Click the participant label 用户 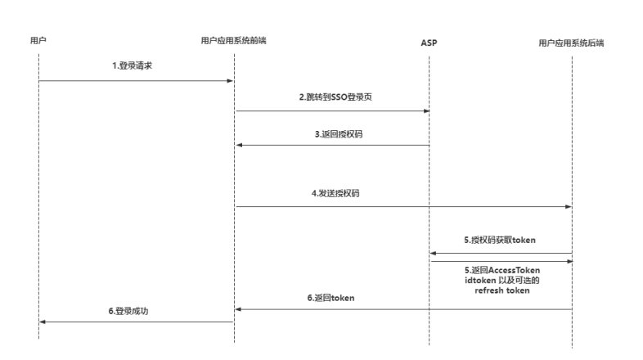pos(38,40)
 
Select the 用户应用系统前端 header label pos(233,40)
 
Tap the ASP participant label pos(429,43)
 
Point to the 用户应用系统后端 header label pos(571,43)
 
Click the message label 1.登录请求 pos(132,65)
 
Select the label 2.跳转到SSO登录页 pos(335,97)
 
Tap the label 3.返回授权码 pos(339,134)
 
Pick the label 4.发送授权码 pos(335,193)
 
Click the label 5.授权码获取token pos(500,240)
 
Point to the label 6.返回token pos(331,298)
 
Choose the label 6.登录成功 pos(128,311)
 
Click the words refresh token pos(502,290)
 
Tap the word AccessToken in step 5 pos(515,270)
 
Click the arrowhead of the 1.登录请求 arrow pos(230,81)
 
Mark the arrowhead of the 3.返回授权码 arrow pos(240,145)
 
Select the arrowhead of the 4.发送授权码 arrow pos(569,207)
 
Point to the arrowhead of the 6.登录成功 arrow pos(43,322)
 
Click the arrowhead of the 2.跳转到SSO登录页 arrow pos(426,111)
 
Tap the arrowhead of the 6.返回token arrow pos(238,309)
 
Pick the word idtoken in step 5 pos(480,281)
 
